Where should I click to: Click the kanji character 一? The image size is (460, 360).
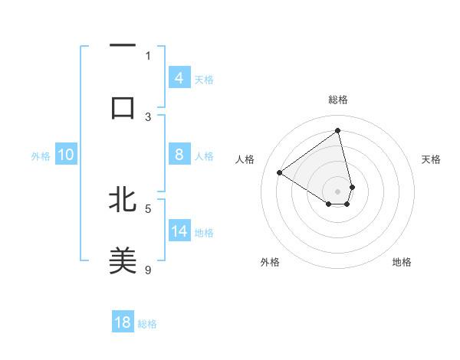pyautogui.click(x=123, y=47)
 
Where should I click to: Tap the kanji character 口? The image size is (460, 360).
pyautogui.click(x=123, y=107)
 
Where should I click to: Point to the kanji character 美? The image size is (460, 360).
pyautogui.click(x=123, y=260)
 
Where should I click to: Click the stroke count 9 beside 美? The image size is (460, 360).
pyautogui.click(x=149, y=269)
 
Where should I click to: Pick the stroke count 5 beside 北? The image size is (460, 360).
pyautogui.click(x=149, y=208)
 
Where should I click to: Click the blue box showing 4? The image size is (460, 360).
pyautogui.click(x=179, y=77)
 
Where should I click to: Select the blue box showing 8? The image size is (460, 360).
pyautogui.click(x=179, y=155)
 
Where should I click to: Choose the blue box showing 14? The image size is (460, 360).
pyautogui.click(x=179, y=231)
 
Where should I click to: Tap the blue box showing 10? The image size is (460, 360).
pyautogui.click(x=66, y=155)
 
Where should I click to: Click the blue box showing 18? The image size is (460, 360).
pyautogui.click(x=123, y=322)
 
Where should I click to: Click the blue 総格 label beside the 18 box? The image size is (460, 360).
pyautogui.click(x=147, y=324)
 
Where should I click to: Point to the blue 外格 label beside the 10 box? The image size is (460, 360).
pyautogui.click(x=41, y=156)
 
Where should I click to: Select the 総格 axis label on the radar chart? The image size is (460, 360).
pyautogui.click(x=338, y=100)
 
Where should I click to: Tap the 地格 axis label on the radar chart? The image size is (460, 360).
pyautogui.click(x=402, y=262)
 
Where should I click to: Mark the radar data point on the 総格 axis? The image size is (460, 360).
pyautogui.click(x=338, y=131)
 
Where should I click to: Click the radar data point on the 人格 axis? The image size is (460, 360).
pyautogui.click(x=280, y=172)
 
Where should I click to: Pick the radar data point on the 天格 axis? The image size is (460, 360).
pyautogui.click(x=352, y=187)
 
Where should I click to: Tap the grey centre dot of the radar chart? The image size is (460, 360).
pyautogui.click(x=338, y=191)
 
